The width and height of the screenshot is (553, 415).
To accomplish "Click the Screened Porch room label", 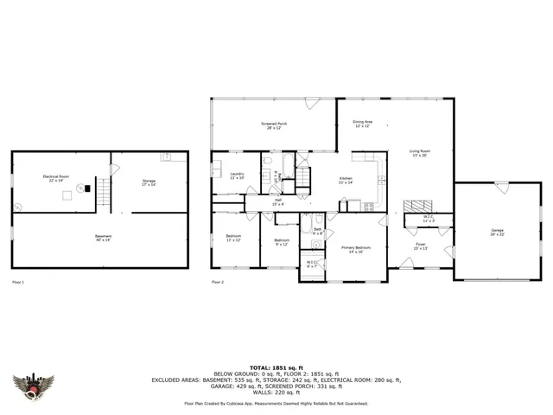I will (x=275, y=125).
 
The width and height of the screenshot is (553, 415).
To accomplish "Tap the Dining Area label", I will (x=362, y=124).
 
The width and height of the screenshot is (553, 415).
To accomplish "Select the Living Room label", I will (x=420, y=153).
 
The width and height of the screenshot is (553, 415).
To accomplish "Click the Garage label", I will (x=499, y=232).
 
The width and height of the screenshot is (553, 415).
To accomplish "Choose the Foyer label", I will (x=421, y=246).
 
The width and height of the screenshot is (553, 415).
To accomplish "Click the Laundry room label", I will (x=237, y=176).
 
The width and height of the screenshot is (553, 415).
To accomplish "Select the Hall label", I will (x=278, y=201).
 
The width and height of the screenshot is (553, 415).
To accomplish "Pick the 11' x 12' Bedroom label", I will (x=233, y=238).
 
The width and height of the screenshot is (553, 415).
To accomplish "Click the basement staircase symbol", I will (x=104, y=192).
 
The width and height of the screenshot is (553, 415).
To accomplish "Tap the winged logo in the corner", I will (x=34, y=388).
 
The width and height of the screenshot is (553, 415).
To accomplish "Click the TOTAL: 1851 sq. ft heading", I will (x=276, y=367).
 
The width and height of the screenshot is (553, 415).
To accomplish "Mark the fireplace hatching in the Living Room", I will (x=417, y=206).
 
